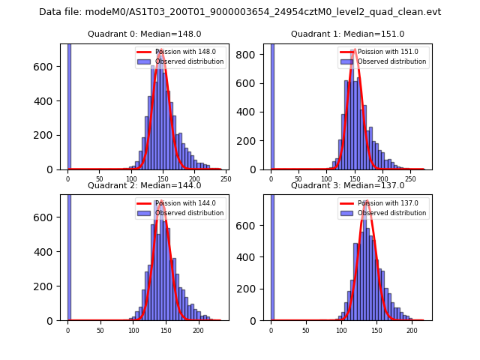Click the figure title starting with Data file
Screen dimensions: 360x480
[240, 12]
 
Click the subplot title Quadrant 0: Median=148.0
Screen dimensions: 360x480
[144, 34]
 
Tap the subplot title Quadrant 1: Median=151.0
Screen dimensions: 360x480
[347, 34]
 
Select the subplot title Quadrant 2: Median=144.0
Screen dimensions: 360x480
[144, 185]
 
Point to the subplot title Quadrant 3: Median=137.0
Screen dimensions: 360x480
[347, 185]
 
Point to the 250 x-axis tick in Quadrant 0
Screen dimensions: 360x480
[226, 179]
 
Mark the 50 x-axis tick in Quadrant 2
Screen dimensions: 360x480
[100, 330]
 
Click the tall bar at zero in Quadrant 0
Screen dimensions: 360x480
[68, 105]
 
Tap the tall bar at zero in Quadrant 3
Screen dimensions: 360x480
[272, 255]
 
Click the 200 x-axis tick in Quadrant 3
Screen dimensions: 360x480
[412, 330]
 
